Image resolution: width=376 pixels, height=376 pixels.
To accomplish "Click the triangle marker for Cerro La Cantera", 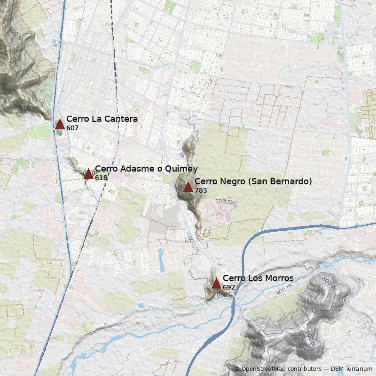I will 60,125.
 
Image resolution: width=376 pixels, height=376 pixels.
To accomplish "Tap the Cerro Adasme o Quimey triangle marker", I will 88,174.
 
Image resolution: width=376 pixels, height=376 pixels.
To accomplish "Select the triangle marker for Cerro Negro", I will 188,187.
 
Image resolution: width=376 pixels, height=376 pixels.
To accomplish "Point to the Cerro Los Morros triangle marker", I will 216,284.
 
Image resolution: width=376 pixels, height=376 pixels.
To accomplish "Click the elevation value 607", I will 72,128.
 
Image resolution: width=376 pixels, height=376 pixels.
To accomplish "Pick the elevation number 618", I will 101,178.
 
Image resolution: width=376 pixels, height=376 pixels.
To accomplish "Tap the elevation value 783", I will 201,190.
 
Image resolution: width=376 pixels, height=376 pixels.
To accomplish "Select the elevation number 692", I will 229,287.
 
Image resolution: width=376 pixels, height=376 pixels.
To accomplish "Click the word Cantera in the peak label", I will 121,119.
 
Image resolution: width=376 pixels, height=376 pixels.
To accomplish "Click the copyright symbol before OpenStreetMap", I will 237,369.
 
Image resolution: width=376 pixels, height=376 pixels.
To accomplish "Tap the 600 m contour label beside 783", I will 224,201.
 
